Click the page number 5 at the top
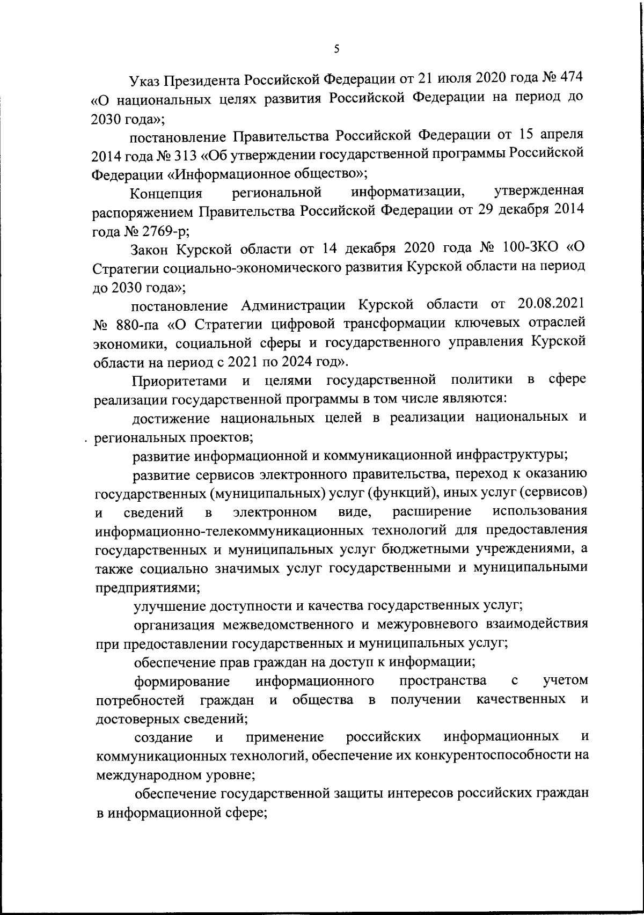[x=336, y=49]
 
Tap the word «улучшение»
[x=170, y=606]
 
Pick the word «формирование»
[x=182, y=682]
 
